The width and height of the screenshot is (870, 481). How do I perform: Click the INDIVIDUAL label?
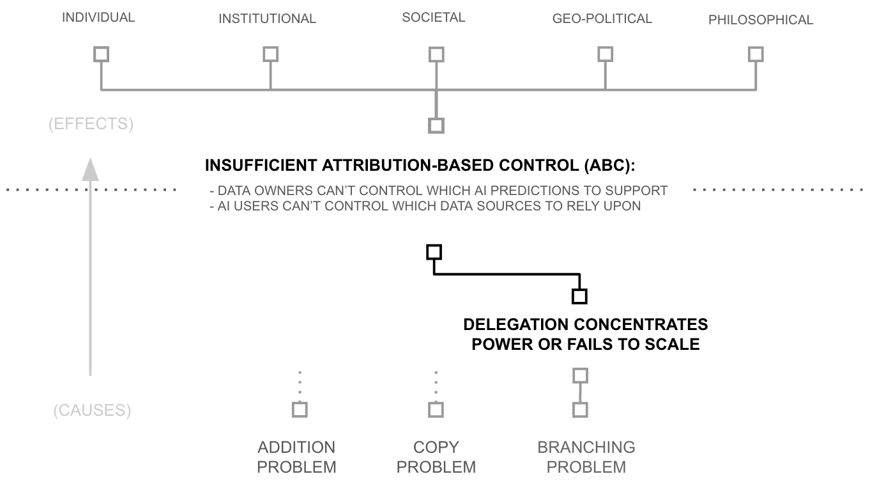point(98,18)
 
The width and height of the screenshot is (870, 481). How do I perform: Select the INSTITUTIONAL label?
point(267,19)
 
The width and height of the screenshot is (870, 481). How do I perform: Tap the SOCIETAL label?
point(434,18)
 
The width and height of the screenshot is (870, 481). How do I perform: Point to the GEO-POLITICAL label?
point(602,19)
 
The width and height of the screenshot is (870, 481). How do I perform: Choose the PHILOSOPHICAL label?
point(761,20)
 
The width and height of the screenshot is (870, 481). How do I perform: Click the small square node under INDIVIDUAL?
point(101,54)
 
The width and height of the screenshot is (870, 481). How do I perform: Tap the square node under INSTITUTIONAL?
point(270,54)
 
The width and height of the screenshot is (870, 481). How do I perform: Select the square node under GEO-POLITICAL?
point(605,54)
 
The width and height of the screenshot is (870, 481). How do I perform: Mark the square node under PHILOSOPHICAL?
point(756,54)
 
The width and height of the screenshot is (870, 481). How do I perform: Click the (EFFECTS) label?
point(91,124)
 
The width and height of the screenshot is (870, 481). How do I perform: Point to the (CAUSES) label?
point(92,411)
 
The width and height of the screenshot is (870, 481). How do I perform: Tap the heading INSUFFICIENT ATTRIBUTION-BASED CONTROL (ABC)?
point(420,166)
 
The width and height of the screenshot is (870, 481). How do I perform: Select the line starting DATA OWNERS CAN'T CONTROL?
point(438,191)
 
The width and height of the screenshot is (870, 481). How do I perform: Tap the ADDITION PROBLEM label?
point(296,457)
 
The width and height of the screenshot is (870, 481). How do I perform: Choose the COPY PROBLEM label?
point(436,457)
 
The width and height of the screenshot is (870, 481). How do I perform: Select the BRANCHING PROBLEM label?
point(586,457)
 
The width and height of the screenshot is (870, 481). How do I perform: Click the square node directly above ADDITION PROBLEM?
point(299,409)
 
